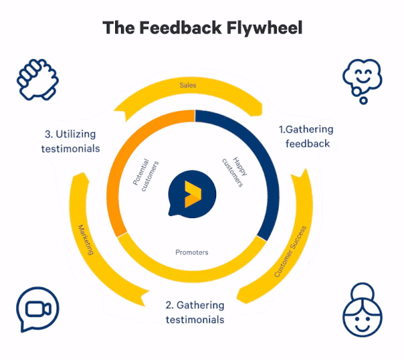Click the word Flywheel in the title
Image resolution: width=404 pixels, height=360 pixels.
[x=265, y=28]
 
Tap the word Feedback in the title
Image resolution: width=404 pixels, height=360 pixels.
[x=180, y=28]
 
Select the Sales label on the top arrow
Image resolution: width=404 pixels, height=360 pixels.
[x=188, y=85]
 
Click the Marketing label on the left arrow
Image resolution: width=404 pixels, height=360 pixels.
[x=86, y=240]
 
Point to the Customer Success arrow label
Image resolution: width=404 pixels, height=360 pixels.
[x=290, y=252]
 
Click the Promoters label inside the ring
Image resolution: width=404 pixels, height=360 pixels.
[x=192, y=252]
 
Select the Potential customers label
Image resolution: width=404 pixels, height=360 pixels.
[x=145, y=175]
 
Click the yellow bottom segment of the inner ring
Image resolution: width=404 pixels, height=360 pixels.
[x=192, y=276]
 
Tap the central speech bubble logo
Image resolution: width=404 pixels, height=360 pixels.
[x=192, y=194]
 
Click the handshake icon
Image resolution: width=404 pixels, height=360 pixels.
[x=38, y=79]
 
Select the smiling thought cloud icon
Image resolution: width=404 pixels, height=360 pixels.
[x=362, y=81]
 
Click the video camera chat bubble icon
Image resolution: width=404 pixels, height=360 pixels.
[x=38, y=309]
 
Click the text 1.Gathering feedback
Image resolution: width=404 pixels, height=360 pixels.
[x=306, y=136]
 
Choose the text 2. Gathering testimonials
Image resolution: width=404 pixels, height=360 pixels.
[x=195, y=312]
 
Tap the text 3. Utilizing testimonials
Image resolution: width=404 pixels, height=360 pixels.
[x=70, y=141]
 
